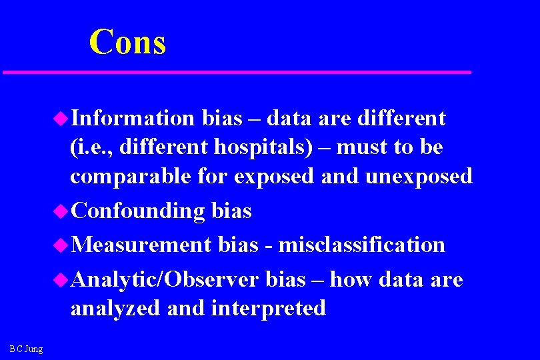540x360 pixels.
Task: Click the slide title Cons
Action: pos(127,41)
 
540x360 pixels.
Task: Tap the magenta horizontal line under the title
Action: pos(237,71)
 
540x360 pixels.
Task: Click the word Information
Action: pos(131,119)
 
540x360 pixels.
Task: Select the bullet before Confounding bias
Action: pos(61,211)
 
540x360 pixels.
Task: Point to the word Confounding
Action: pos(137,211)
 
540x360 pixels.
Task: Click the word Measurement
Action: pos(141,245)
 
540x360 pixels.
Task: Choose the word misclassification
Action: pos(361,245)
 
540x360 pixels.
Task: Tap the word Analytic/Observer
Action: pos(164,279)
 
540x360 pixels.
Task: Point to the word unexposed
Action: pos(417,177)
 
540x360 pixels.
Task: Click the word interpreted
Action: pos(268,308)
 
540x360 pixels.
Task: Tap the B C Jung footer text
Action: pos(26,349)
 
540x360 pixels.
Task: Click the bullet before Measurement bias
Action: pos(61,245)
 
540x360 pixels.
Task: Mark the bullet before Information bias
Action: pos(61,119)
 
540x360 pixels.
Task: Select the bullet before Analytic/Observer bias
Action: pos(61,279)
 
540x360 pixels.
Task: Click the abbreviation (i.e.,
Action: pos(92,147)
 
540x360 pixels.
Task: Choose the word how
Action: pos(351,279)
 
